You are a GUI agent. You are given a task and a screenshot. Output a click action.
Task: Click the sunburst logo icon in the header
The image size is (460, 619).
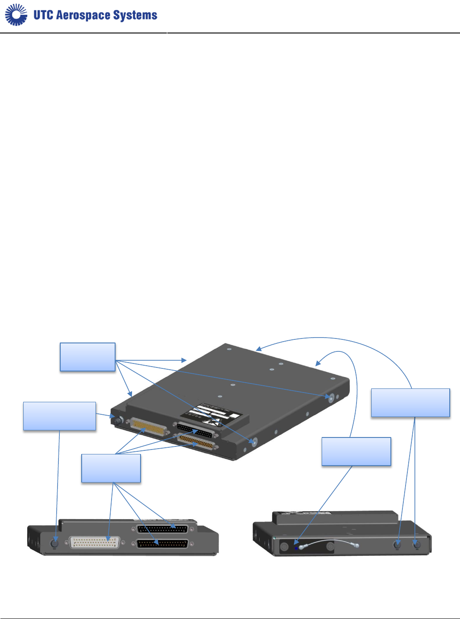16,15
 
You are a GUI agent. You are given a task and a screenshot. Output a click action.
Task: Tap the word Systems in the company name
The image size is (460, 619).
135,15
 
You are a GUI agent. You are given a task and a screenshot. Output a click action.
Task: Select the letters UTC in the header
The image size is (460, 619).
43,15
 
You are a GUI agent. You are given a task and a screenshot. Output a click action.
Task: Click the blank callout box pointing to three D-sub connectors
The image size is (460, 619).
111,468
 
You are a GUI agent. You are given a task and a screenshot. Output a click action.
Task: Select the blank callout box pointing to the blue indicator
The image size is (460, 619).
356,452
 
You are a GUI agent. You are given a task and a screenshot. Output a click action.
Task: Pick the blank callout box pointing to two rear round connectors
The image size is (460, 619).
410,403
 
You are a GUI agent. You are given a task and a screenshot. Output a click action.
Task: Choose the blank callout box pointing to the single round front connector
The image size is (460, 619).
59,416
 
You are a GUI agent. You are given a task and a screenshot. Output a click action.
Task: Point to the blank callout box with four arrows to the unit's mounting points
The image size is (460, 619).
87,357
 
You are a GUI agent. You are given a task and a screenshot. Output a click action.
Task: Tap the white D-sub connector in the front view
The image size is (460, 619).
95,542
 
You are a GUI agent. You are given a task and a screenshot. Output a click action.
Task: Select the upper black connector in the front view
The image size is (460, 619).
163,529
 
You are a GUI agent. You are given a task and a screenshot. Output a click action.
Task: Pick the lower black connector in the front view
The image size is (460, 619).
163,544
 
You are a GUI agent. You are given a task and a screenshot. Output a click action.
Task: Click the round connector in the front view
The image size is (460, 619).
55,544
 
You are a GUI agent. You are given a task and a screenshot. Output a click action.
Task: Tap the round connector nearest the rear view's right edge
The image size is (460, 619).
417,545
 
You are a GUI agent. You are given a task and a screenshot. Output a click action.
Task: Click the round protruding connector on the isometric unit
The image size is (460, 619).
119,420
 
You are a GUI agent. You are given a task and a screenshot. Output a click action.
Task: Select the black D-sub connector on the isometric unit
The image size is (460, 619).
195,430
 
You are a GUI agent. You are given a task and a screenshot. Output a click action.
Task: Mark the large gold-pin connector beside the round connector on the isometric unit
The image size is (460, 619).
148,427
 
